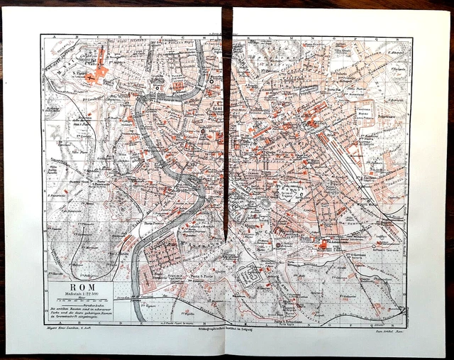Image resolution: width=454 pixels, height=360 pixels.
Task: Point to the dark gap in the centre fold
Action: [x=226, y=142]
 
